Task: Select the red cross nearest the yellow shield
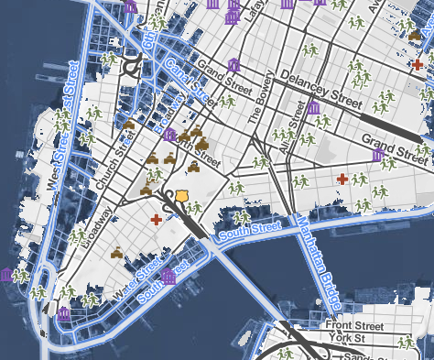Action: [157, 221]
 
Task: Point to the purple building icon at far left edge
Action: [6, 275]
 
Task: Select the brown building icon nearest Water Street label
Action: [117, 252]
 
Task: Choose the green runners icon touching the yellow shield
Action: [193, 207]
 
